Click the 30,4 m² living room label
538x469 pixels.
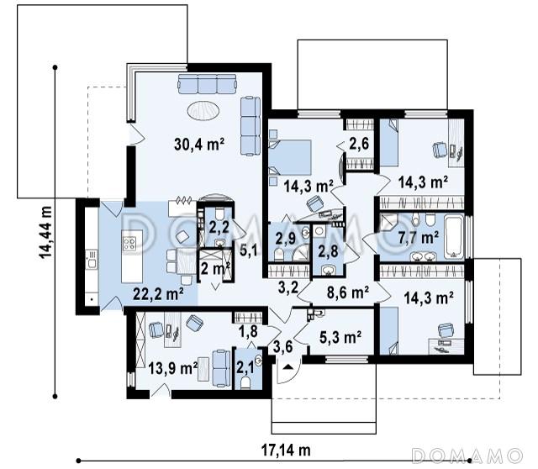tap(199, 145)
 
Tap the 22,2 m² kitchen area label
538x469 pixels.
tap(158, 294)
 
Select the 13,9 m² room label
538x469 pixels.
tap(173, 369)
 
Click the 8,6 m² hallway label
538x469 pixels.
tap(347, 292)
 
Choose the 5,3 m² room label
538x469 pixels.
tap(340, 337)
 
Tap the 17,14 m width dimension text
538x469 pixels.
tap(286, 451)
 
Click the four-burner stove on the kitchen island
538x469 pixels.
tap(129, 244)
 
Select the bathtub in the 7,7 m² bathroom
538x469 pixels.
tap(454, 236)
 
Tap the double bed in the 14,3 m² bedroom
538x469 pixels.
tap(290, 157)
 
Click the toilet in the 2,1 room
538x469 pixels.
tap(245, 383)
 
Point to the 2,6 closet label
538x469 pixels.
tap(359, 144)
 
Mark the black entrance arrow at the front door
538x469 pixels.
tap(288, 366)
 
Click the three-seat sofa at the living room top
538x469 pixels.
tap(208, 84)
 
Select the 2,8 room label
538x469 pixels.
tap(328, 251)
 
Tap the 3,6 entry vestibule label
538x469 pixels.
tap(283, 347)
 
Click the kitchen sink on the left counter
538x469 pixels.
tap(92, 263)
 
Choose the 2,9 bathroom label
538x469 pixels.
tap(286, 238)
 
